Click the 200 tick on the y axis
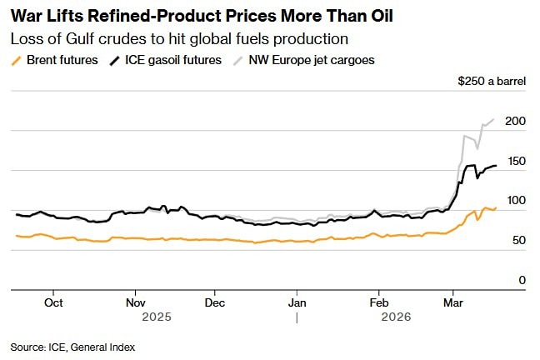(x=516, y=122)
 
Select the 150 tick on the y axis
(x=516, y=161)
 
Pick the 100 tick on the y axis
(x=516, y=201)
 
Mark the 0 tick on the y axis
(x=522, y=281)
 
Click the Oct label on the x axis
(x=53, y=303)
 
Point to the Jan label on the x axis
(x=297, y=303)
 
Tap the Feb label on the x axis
(x=379, y=303)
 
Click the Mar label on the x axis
(x=453, y=303)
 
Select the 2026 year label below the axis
(x=395, y=317)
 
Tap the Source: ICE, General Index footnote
(x=72, y=347)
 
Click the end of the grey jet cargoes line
(x=493, y=119)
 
